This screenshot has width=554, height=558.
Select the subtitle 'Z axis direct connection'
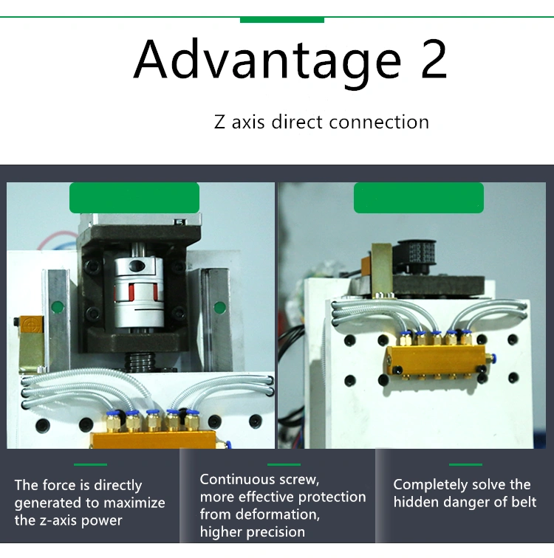pos(321,122)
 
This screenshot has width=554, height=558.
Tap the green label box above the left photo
pos(134,198)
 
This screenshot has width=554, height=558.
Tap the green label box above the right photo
pos(418,198)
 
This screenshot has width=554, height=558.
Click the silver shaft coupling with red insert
pos(139,292)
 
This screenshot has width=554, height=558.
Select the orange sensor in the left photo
pos(32,324)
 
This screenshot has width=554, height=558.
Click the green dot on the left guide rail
pos(58,307)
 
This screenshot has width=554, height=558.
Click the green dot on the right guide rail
pos(219,308)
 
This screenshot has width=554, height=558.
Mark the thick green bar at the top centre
pos(282,20)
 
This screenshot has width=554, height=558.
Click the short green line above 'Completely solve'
pos(465,464)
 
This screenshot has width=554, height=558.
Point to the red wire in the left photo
pos(58,238)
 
